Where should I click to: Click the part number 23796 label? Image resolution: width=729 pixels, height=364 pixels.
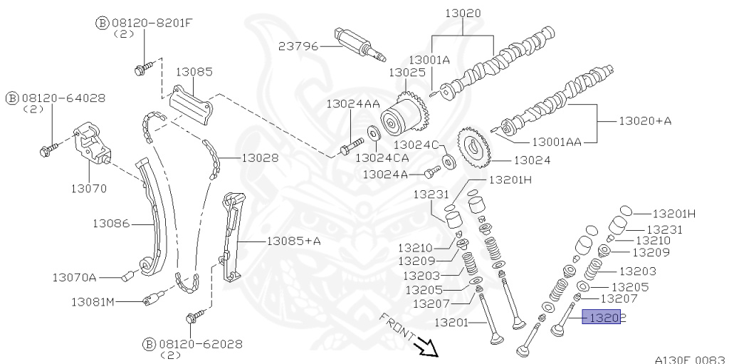[298, 45]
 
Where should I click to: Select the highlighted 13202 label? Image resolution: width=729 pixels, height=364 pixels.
[602, 317]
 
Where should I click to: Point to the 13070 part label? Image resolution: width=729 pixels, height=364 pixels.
[88, 189]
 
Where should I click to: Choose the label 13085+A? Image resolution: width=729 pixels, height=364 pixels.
[293, 241]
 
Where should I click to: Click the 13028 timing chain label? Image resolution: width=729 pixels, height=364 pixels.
[260, 157]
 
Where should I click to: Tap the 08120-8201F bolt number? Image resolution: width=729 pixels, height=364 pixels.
[152, 23]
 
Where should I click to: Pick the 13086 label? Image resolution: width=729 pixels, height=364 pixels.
[110, 223]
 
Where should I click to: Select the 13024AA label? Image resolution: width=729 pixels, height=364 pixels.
[353, 104]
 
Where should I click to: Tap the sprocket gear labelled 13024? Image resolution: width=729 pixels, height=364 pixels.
[473, 146]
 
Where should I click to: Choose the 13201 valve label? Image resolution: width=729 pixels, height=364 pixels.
[451, 323]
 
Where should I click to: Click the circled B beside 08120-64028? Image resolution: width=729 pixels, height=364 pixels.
[12, 97]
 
